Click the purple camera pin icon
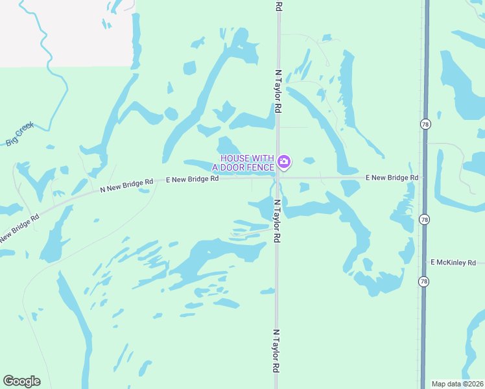(x=283, y=161)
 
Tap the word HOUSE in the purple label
(x=235, y=159)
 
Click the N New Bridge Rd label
(x=126, y=185)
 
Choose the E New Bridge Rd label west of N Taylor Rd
(x=192, y=179)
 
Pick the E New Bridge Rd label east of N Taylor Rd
(x=392, y=177)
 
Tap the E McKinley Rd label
(x=453, y=263)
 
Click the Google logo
(x=21, y=381)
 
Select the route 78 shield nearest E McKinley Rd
(x=423, y=281)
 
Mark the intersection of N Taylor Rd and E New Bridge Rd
(x=278, y=177)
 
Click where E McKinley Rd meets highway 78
(x=425, y=263)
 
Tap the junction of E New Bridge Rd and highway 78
(x=425, y=177)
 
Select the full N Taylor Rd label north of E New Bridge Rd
(x=278, y=91)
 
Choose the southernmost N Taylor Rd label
(x=276, y=350)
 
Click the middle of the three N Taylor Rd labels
(x=276, y=220)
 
